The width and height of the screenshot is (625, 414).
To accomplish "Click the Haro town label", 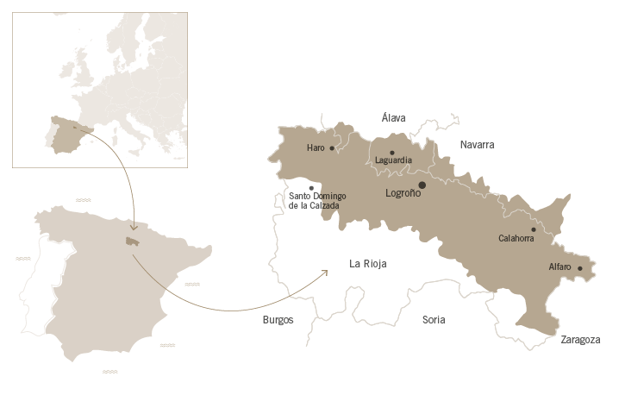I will click(x=316, y=147).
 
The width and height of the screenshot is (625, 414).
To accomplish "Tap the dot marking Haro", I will click(x=332, y=148).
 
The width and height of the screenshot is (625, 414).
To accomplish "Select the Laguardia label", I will click(x=393, y=160).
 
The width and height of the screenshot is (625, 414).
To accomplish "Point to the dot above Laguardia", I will click(x=392, y=153).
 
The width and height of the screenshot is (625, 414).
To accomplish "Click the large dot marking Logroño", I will click(x=422, y=185).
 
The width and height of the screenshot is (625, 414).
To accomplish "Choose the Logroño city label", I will click(x=403, y=193).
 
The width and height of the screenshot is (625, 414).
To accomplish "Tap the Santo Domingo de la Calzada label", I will click(x=317, y=200).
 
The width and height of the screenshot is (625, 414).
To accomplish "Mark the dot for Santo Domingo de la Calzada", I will click(x=310, y=187).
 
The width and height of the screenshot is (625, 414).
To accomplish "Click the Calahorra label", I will click(x=517, y=238).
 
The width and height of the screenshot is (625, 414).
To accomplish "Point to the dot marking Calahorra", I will click(x=533, y=229).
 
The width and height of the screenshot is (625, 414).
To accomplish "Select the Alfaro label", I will click(x=559, y=267).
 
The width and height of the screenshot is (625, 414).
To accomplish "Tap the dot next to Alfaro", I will click(x=579, y=268).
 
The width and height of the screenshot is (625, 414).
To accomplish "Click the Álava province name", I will click(x=393, y=118).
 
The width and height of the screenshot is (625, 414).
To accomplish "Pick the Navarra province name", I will click(x=477, y=145).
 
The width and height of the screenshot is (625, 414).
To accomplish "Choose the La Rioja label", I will click(x=368, y=263).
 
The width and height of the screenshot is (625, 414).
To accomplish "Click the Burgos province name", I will click(x=278, y=320).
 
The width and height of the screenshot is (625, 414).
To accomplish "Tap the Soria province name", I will click(x=434, y=320).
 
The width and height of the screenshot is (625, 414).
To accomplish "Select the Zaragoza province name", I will click(x=580, y=340).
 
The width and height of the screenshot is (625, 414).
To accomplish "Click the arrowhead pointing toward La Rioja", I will click(x=325, y=273).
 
